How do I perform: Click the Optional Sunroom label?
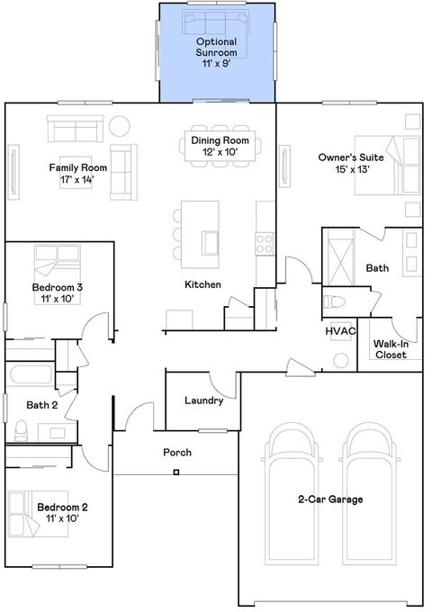coord(217,48)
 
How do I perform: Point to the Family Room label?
coord(78,167)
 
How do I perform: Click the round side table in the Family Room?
coord(119,125)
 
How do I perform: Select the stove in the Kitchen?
coord(265,241)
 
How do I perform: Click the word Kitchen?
coord(202,284)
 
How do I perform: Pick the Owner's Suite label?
coord(345,157)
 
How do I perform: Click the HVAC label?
coord(342,331)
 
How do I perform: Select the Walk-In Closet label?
coord(390,348)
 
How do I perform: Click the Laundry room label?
coord(203,400)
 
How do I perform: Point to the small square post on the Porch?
coord(176,472)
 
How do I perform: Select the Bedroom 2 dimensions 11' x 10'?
coord(62,519)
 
